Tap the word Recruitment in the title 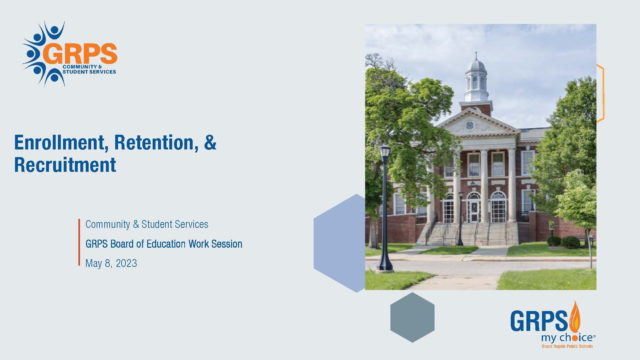pos(65,165)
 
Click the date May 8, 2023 pos(111,263)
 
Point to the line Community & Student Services pos(147,224)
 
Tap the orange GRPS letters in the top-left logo pos(80,54)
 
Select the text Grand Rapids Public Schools pos(567,346)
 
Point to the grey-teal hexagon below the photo pos(412,317)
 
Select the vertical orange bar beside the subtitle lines pos(79,242)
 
